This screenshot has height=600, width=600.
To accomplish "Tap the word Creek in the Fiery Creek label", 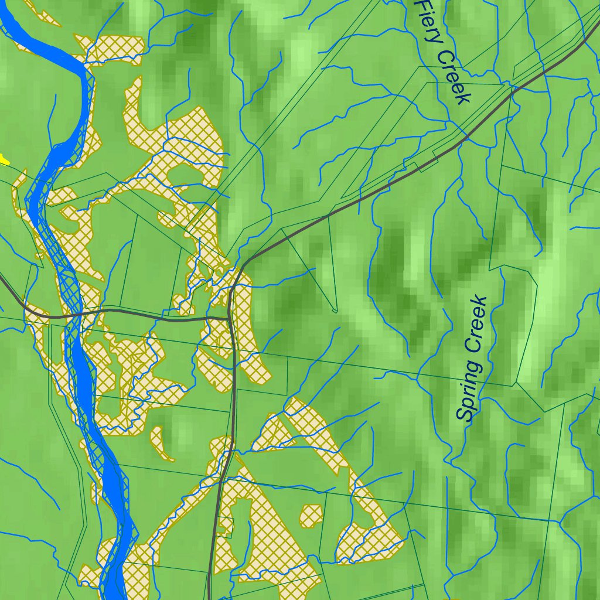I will coord(454,77).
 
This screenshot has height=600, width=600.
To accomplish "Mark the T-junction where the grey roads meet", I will coord(230,318).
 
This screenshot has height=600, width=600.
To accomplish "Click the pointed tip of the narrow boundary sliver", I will coord(335,311).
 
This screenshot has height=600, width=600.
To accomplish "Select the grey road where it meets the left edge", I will coord(2,278).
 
